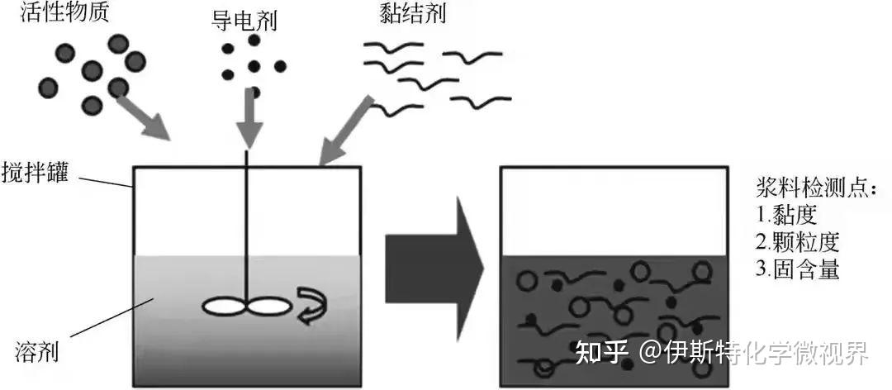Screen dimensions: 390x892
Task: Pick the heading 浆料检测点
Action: click(814, 188)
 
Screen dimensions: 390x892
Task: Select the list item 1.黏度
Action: click(786, 216)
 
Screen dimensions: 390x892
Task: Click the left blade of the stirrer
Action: click(224, 306)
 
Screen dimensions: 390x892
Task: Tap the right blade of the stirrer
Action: click(269, 306)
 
